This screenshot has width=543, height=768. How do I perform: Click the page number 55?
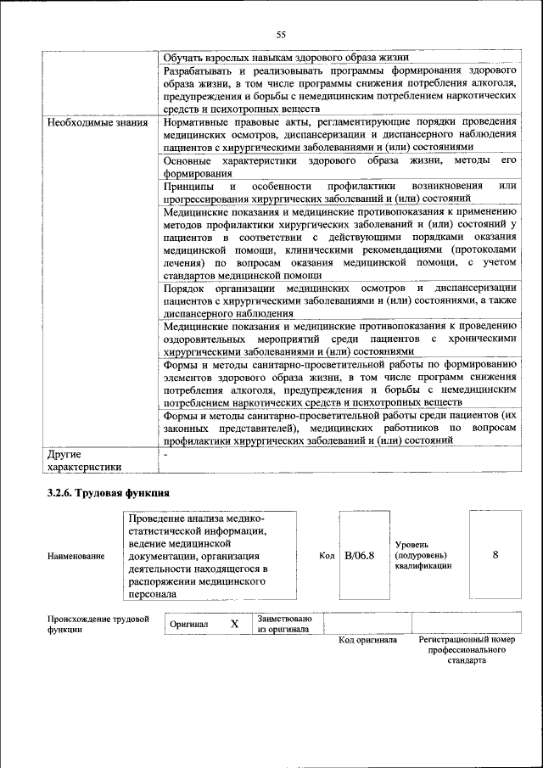pos(281,34)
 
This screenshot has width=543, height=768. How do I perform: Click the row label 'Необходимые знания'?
pos(98,123)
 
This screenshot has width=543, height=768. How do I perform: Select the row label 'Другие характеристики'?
pos(84,461)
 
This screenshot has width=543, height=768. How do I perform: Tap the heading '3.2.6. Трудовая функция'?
pos(109,493)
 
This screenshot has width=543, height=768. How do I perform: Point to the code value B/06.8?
pos(360,555)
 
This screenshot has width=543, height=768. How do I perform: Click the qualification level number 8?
pos(495,555)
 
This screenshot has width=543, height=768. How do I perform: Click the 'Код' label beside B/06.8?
pos(327,556)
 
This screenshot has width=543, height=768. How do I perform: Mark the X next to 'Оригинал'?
pos(234,624)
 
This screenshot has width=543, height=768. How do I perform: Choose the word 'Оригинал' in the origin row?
pos(189,624)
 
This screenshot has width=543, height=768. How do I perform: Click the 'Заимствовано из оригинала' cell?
pos(285,624)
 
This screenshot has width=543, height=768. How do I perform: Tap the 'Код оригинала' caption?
pos(367,641)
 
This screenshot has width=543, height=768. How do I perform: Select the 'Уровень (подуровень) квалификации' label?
pos(423,555)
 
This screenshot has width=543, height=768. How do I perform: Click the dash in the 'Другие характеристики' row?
pos(166,456)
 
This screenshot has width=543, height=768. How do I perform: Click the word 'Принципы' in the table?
pos(188,186)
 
